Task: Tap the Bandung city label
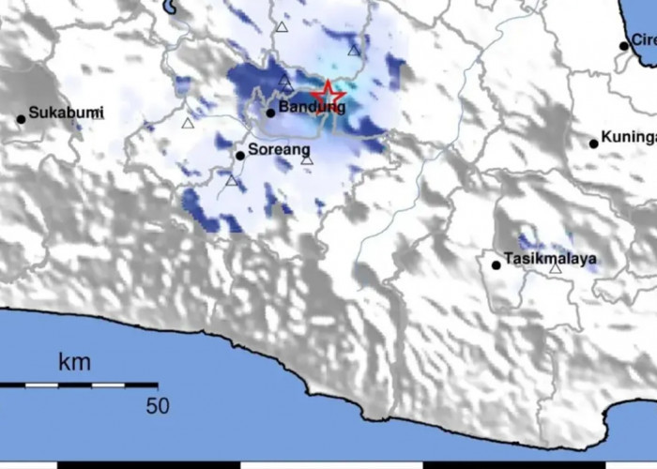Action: pos(314,108)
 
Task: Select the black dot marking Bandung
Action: pos(270,113)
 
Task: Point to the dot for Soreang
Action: pos(240,156)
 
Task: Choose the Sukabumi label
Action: pos(66,113)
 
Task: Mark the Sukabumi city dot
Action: pos(21,119)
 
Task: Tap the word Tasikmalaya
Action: pos(550,258)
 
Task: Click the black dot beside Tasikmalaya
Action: pos(497,265)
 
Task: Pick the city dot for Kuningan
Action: pos(594,144)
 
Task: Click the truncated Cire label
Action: pos(643,39)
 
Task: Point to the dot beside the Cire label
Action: pos(623,45)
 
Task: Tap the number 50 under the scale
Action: pos(157,405)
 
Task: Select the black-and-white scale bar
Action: pos(78,385)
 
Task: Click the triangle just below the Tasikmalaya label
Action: pos(556,269)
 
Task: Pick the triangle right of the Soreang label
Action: pos(307,160)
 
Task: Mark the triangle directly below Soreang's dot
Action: pos(232,180)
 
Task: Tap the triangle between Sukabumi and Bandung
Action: pos(188,123)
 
